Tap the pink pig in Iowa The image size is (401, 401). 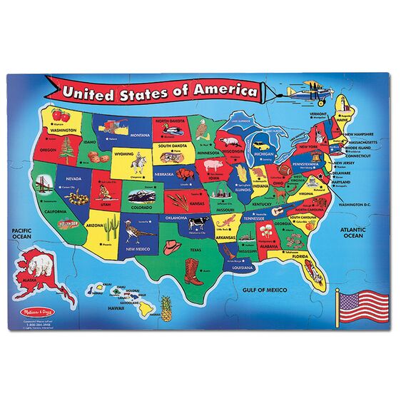point(215,167)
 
